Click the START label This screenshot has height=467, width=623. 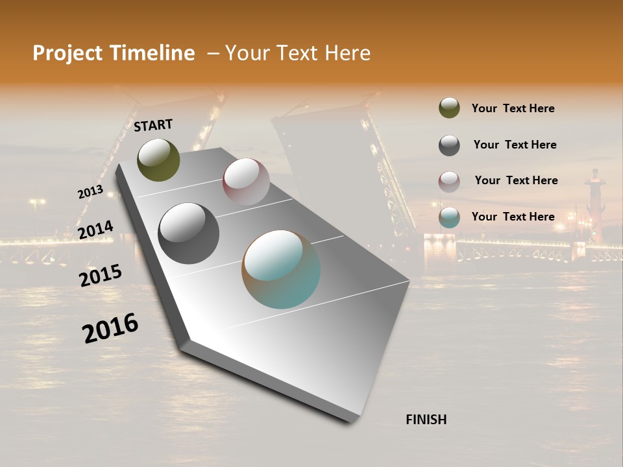153,125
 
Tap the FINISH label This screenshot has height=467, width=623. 426,420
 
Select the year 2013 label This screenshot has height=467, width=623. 90,192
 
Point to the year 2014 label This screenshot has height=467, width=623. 95,230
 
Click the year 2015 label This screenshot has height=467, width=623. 101,276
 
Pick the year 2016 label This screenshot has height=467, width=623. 110,328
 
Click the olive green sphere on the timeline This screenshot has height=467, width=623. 159,160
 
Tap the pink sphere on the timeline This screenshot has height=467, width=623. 246,182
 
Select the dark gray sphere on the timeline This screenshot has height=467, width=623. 189,233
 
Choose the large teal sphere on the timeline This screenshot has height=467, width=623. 281,269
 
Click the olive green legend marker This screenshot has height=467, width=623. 449,108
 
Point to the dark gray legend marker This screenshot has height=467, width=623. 449,145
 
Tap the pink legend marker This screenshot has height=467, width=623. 449,182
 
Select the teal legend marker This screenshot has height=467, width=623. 449,217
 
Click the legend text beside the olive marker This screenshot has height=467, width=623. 513,108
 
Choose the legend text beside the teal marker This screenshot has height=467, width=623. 513,217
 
